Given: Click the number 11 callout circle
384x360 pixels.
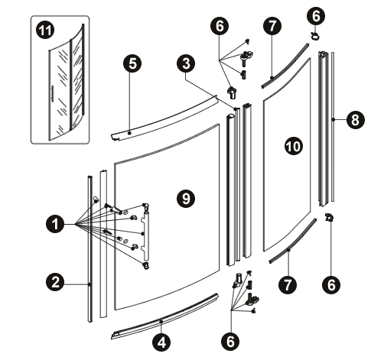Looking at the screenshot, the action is click(45, 31).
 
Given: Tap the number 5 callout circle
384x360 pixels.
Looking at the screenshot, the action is click(132, 63).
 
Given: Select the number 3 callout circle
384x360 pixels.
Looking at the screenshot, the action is click(186, 63).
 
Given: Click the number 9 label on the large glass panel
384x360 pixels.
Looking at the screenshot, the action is click(186, 198).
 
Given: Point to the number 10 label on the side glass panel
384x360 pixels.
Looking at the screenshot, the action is click(293, 146).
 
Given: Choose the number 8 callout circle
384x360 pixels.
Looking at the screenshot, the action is click(356, 120).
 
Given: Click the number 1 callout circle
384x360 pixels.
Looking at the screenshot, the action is click(55, 224).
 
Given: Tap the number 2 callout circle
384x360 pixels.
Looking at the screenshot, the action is click(55, 282).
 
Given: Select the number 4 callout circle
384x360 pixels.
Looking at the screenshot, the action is click(161, 342).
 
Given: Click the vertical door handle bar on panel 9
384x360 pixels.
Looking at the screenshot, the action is click(146, 235).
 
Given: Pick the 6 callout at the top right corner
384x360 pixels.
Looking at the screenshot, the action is click(316, 16).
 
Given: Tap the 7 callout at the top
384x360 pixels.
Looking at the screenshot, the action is click(272, 26).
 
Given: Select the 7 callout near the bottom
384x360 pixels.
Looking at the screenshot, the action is click(288, 284).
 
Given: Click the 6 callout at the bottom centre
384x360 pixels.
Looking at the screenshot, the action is click(230, 341).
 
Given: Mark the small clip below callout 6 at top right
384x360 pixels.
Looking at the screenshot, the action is click(315, 37).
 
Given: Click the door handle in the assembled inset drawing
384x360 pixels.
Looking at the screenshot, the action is click(52, 94).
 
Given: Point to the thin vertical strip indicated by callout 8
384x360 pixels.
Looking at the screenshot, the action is click(333, 127).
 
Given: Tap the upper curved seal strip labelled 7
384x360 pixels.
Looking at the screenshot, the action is click(285, 66).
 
